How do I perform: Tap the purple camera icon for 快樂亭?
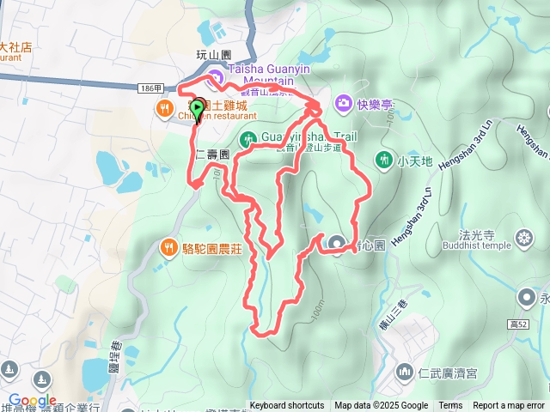tap(344, 103)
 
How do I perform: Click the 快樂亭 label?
tap(376, 105)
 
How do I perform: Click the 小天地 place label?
tap(413, 160)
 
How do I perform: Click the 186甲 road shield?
tap(150, 88)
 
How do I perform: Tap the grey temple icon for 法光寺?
tap(523, 237)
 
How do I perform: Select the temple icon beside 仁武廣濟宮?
tap(405, 373)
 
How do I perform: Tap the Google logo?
tap(33, 400)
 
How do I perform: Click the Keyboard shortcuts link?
tap(287, 406)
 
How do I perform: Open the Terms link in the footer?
tap(450, 406)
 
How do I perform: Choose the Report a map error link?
tap(509, 406)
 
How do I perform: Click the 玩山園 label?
tap(214, 54)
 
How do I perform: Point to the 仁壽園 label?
tap(212, 155)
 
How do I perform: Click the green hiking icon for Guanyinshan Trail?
tap(247, 137)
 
